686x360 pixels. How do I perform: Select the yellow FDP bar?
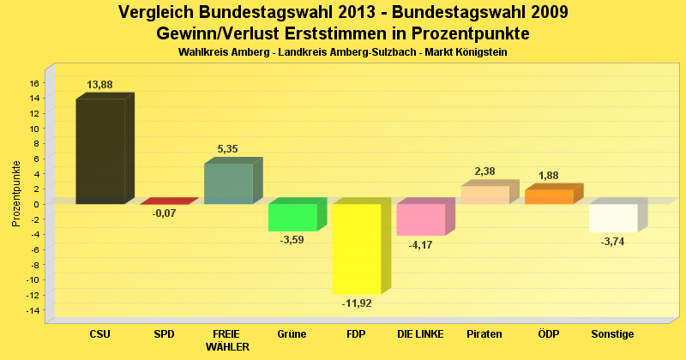pos(356,249)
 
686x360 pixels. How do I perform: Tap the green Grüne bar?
pos(292,217)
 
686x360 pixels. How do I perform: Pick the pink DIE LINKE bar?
pos(420,219)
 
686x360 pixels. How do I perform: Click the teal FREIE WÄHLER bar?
pos(228,183)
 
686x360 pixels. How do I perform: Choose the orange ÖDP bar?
pos(549,196)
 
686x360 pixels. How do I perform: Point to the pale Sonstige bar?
pos(613,218)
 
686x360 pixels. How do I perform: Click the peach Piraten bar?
pos(484,195)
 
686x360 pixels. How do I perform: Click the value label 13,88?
pos(99,84)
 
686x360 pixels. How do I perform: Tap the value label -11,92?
pos(357,303)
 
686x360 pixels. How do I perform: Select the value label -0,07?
pos(164,213)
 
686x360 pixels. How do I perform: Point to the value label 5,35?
pos(227,149)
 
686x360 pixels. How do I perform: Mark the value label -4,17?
pos(421,245)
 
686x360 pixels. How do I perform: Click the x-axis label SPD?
pos(164,333)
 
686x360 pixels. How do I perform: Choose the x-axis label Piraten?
pos(484,333)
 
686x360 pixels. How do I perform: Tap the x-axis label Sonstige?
pos(612,333)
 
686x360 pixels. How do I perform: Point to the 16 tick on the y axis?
pos(34,83)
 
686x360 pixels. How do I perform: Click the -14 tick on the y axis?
pos(33,310)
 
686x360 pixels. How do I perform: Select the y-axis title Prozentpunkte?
pos(16,193)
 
